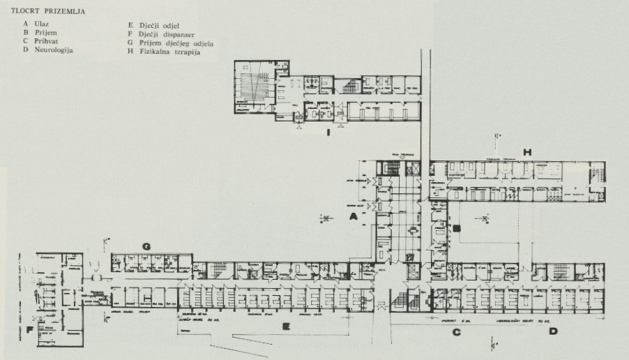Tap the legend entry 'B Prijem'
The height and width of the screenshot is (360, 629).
pyautogui.click(x=39, y=33)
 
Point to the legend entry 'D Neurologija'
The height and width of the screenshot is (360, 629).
pyautogui.click(x=48, y=50)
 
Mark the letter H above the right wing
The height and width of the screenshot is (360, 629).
pyautogui.click(x=528, y=151)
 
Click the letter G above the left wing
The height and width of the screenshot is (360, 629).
pyautogui.click(x=146, y=246)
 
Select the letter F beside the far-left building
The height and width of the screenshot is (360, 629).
pyautogui.click(x=30, y=330)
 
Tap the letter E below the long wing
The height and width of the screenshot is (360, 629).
pyautogui.click(x=285, y=325)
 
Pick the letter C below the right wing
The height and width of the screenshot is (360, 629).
pyautogui.click(x=457, y=332)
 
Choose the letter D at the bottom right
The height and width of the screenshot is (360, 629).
pyautogui.click(x=553, y=332)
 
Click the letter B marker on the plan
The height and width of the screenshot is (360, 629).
pyautogui.click(x=457, y=227)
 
